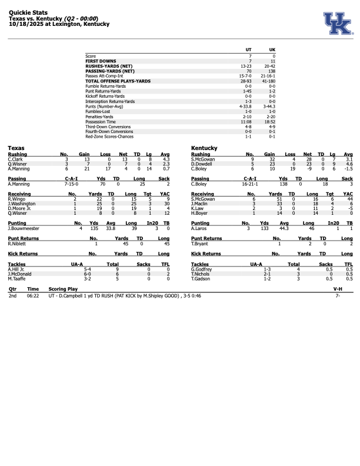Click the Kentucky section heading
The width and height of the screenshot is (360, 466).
pyautogui.click(x=205, y=148)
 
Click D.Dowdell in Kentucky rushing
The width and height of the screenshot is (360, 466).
pyautogui.click(x=202, y=164)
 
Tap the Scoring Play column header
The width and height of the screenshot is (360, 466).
pyautogui.click(x=62, y=289)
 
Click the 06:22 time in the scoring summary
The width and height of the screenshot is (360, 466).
pyautogui.click(x=32, y=295)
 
